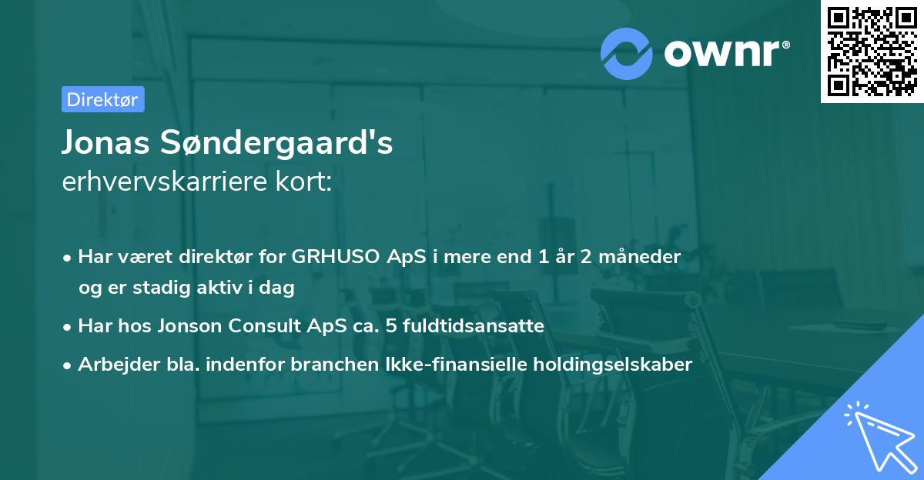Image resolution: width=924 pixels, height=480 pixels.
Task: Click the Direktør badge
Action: click(102, 99)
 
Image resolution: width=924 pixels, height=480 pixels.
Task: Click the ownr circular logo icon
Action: click(627, 53)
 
